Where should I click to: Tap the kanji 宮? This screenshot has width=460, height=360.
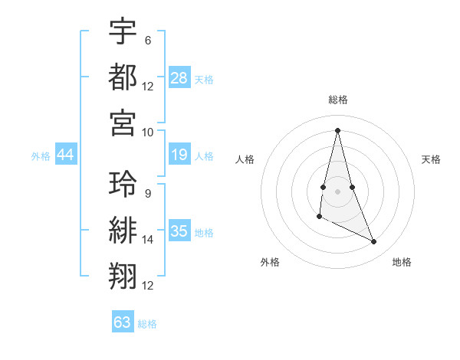point(123,122)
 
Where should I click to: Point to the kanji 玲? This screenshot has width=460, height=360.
point(123,184)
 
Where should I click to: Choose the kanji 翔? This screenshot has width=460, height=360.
point(123,276)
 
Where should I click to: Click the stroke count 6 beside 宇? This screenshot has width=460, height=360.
point(148,40)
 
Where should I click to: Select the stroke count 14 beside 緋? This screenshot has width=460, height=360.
point(148,240)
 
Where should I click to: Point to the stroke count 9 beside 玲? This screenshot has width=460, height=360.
point(148,193)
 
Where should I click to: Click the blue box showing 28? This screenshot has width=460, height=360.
point(179,78)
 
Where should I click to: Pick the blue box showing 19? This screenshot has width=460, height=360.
point(179,155)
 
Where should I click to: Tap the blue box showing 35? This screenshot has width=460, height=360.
point(179,231)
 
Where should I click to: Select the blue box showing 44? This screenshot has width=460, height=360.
point(66,155)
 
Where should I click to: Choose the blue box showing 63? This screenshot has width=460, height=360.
point(123,322)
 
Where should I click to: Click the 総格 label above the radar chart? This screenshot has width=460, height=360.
point(338,100)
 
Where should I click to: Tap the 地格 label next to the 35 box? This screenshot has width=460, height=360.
point(205,233)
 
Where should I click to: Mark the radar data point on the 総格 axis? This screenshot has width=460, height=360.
point(338,129)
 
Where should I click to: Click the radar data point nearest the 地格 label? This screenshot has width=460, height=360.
point(374,242)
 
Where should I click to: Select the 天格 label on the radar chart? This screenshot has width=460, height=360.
point(432,159)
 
